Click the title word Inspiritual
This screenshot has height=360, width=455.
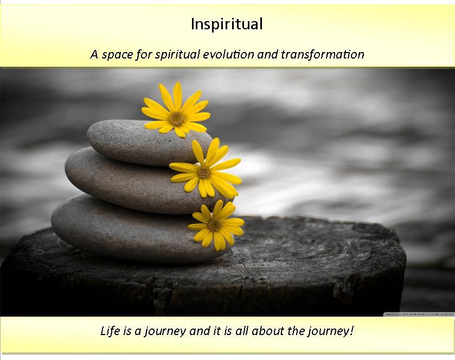[227, 24]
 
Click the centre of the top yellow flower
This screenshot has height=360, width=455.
[176, 117]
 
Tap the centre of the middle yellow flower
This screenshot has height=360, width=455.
[204, 172]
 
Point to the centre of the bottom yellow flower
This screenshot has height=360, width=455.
[214, 224]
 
